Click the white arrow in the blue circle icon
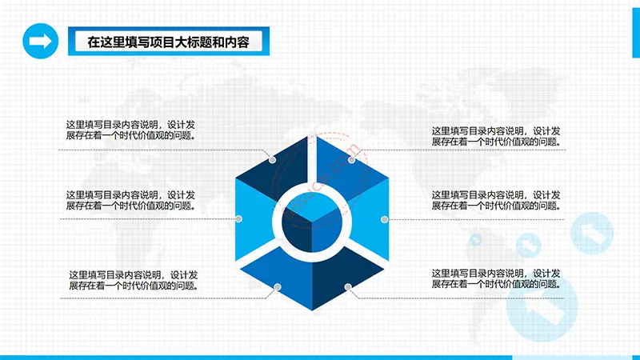point(41,42)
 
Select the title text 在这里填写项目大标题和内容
point(168,42)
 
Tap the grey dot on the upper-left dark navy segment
point(272,160)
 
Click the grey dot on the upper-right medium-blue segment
point(351,160)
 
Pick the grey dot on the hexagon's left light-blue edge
point(238,218)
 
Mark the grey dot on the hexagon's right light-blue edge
point(384,219)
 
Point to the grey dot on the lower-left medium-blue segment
point(278,287)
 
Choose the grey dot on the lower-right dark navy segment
point(348,287)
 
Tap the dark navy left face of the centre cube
point(297,230)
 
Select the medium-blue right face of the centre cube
point(327,230)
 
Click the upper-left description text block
point(130,130)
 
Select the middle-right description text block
point(496,201)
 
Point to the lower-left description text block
point(134,280)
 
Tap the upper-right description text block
point(496,136)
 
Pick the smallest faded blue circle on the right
point(475,239)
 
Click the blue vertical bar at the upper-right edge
point(636,33)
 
